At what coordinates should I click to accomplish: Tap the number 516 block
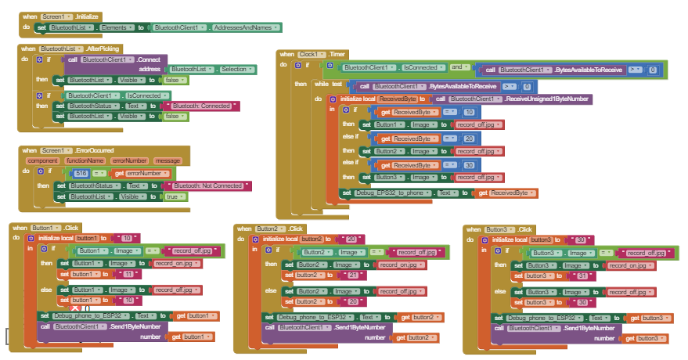pos(81,173)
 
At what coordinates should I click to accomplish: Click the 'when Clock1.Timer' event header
pos(313,54)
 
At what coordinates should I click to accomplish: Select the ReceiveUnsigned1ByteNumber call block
pos(513,99)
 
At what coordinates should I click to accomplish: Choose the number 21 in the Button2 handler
pos(352,275)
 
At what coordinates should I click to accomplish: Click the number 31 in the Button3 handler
pos(582,276)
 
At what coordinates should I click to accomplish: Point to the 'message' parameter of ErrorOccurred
pos(167,160)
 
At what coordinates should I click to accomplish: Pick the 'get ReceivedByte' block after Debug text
pos(509,193)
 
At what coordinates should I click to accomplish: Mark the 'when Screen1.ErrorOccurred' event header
pos(68,150)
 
